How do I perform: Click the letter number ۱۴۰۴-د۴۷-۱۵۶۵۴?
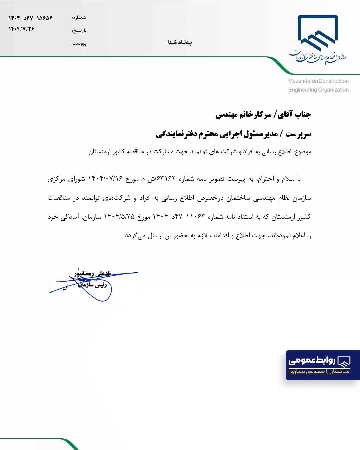(31, 18)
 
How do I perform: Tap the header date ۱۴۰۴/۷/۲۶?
(22, 29)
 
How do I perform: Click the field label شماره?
(79, 18)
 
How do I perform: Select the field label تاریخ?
(79, 31)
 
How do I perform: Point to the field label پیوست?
(79, 43)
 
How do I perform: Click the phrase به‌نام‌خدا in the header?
(179, 42)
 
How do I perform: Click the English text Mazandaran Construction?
(318, 81)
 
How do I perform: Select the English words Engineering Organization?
(318, 90)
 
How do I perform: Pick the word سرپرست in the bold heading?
(298, 134)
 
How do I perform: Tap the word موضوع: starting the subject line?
(303, 152)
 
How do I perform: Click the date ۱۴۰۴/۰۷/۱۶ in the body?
(105, 179)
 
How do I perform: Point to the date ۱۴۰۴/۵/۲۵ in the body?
(119, 217)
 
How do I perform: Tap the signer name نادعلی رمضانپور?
(93, 274)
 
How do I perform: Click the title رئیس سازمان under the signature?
(92, 285)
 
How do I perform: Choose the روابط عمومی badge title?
(312, 360)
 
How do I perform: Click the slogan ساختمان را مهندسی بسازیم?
(319, 371)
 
